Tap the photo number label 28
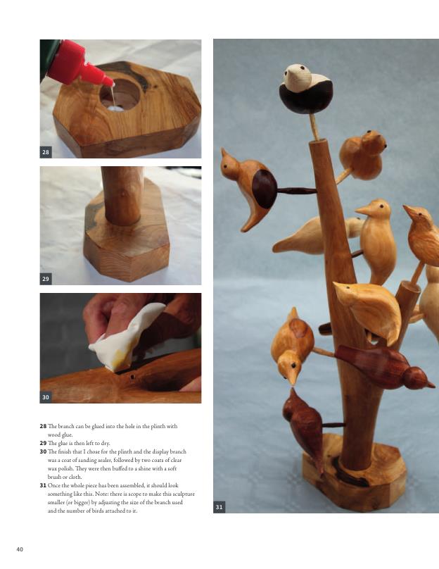46,152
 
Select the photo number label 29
46,279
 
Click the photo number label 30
46,397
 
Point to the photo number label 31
220,507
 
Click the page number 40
20,549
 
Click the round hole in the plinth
120,94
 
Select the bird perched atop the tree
306,89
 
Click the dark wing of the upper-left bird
265,189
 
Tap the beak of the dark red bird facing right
431,384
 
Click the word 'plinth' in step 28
170,426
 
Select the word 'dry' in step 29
104,444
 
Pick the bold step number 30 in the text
43,452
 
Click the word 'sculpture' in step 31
182,494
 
